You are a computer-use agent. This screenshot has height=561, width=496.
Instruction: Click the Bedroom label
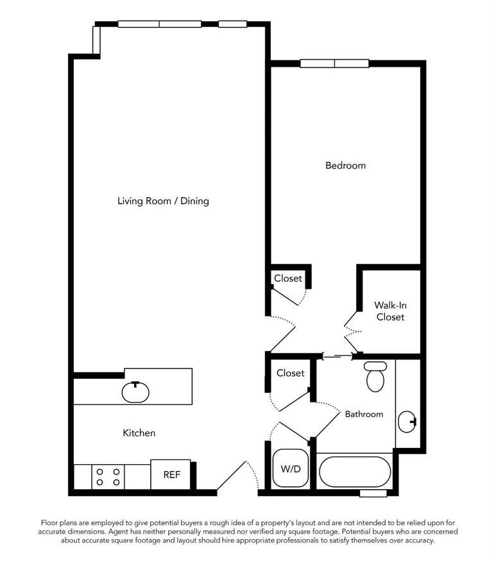345,166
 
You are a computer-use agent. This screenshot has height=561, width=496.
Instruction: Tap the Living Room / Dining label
163,201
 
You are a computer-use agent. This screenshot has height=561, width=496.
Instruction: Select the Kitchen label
139,433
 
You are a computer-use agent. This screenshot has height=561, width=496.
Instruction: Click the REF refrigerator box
171,475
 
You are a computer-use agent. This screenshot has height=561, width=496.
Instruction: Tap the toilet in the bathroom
374,377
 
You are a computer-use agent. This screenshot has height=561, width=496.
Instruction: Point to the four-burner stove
108,476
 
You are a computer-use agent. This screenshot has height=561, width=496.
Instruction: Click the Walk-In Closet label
390,311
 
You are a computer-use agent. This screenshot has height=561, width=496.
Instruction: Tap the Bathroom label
364,414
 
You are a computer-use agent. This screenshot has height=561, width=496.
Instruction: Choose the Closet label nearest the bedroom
288,279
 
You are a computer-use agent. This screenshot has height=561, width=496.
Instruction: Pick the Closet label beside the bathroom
290,373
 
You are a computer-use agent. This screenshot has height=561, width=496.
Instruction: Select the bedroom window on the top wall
334,64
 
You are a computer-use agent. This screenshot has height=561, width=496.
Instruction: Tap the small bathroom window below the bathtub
373,493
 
